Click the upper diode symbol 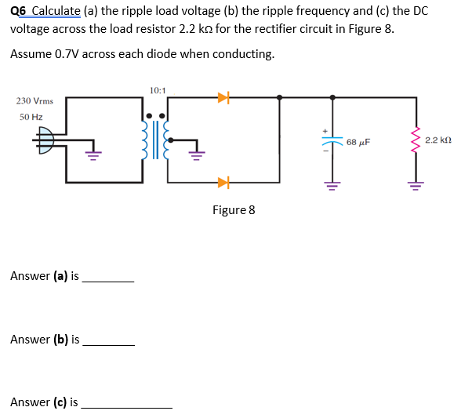[223, 98]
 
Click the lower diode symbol [223, 183]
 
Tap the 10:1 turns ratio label [156, 90]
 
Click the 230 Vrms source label [34, 101]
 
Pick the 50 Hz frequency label [31, 116]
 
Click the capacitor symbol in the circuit [333, 143]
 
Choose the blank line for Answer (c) [126, 406]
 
